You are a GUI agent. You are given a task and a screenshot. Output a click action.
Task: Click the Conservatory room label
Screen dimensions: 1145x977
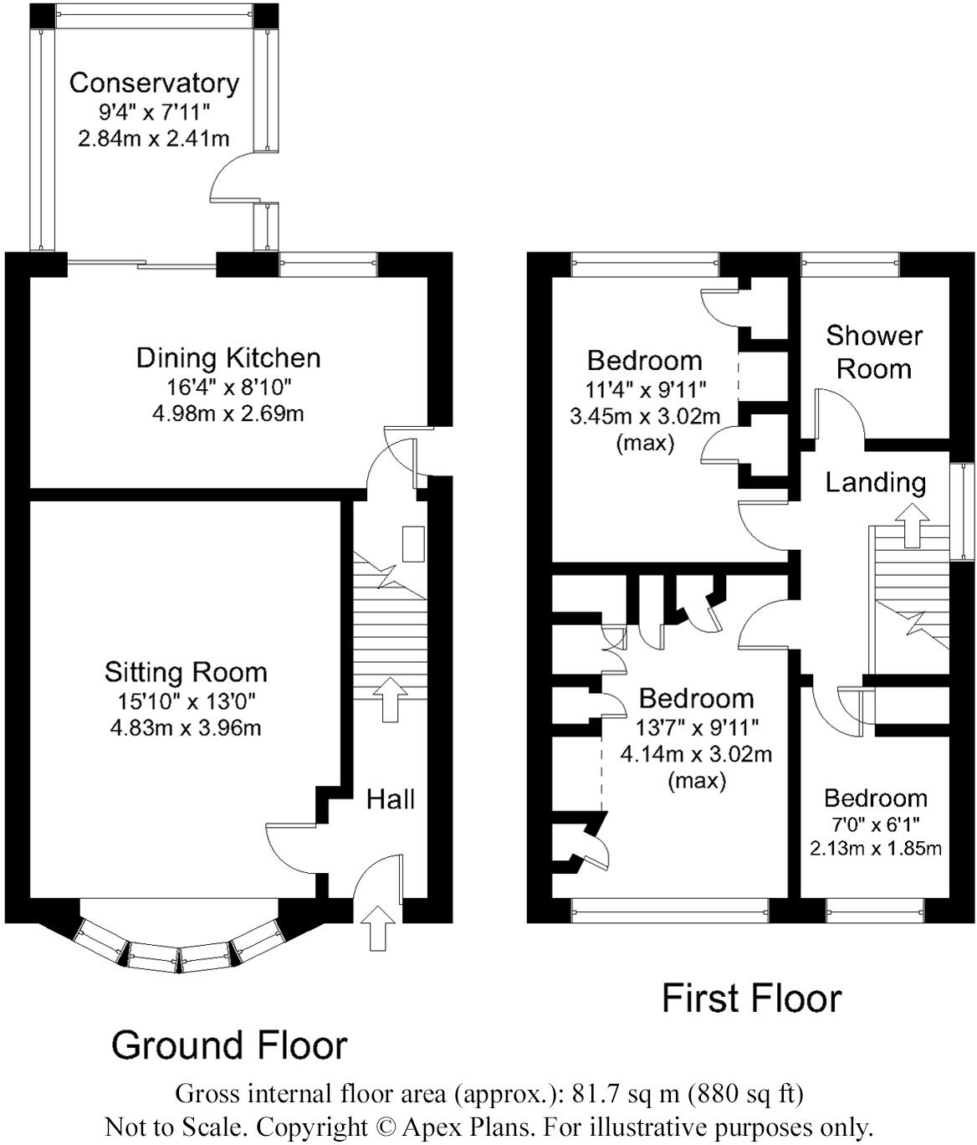(x=154, y=83)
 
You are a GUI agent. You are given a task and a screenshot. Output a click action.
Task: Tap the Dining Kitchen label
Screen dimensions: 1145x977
(x=228, y=358)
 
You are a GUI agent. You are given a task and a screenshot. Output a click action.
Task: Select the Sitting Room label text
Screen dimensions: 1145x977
(x=186, y=672)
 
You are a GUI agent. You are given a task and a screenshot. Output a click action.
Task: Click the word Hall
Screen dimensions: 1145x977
(x=390, y=799)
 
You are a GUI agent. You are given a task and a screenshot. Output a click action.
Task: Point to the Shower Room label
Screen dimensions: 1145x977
(x=874, y=352)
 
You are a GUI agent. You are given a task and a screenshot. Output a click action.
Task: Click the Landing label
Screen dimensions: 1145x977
(x=876, y=483)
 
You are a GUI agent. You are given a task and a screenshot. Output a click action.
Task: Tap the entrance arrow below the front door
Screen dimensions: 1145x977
(x=377, y=927)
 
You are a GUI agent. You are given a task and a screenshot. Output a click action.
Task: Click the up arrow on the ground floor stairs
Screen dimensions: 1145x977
(x=389, y=700)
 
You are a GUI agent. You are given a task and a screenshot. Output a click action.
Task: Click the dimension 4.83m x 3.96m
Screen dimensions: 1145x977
(x=186, y=728)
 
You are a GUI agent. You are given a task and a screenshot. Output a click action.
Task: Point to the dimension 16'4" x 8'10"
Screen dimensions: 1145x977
(x=228, y=387)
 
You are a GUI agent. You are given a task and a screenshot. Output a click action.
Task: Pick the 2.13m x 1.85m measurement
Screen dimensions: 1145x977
(x=876, y=848)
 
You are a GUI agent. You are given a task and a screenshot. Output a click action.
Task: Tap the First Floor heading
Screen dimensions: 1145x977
(x=751, y=999)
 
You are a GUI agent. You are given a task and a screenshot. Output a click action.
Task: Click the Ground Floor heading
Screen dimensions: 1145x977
(x=229, y=1045)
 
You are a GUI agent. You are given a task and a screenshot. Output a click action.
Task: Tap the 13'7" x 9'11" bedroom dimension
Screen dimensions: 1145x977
(x=696, y=727)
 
